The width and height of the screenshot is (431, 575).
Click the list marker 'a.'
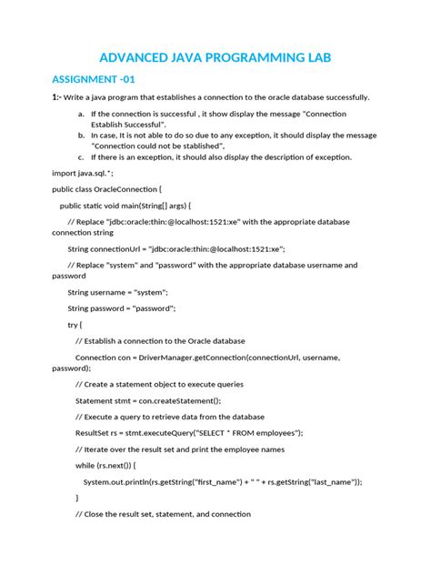pos(81,115)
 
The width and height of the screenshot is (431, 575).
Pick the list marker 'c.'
pos(81,156)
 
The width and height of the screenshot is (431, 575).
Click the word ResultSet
pos(93,432)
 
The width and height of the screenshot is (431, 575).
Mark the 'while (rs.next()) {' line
pos(111,465)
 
